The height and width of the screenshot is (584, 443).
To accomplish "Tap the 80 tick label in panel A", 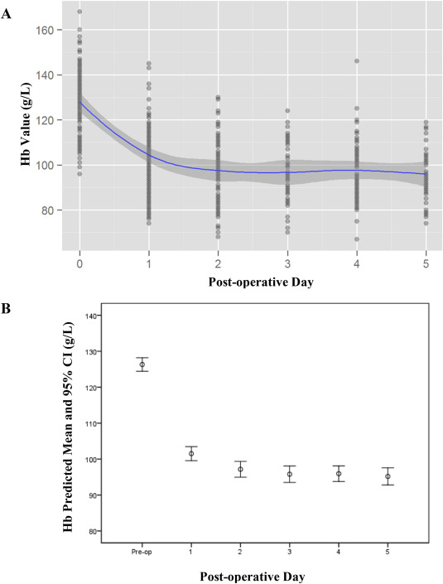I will pyautogui.click(x=51, y=210).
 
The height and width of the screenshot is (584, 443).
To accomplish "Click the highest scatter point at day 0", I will pyautogui.click(x=79, y=12).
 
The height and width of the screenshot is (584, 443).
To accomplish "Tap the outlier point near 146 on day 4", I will pyautogui.click(x=357, y=61).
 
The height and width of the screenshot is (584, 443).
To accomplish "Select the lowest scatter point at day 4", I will pyautogui.click(x=357, y=239).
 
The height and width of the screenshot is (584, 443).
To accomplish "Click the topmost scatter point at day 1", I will pyautogui.click(x=149, y=63).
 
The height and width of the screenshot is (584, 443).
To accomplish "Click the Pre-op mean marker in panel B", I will pyautogui.click(x=142, y=364).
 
